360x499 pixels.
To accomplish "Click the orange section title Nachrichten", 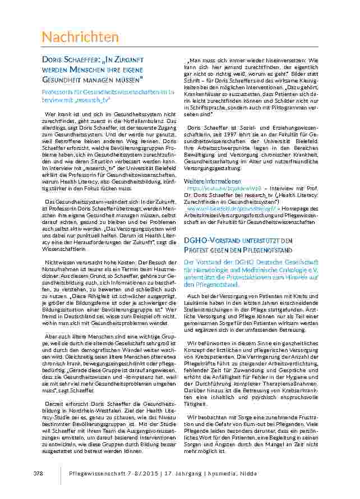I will pyautogui.click(x=80, y=37).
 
